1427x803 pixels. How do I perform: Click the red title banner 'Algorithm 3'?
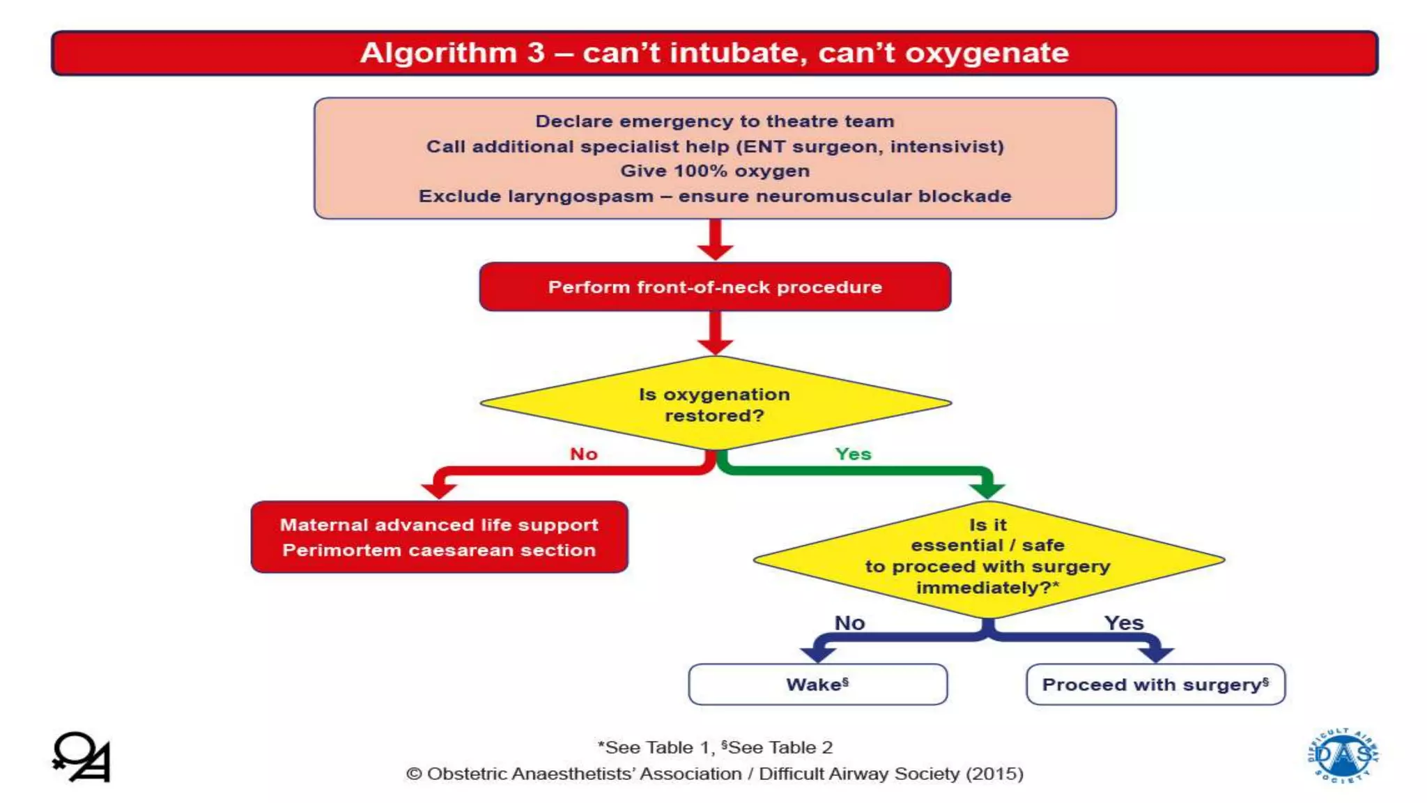coord(714,53)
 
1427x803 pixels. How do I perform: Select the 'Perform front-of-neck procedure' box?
coord(715,287)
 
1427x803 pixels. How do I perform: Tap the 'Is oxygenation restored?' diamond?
coord(715,404)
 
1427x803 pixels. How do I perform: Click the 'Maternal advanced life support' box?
coord(439,537)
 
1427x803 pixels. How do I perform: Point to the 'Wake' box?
coord(817,685)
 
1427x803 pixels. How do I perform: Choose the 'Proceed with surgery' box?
coord(1155,685)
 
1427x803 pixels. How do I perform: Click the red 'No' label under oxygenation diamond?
coord(584,454)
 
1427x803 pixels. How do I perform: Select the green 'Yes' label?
coord(853,454)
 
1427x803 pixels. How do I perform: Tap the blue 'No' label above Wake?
coord(849,623)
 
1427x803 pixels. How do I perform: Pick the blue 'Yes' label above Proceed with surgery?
coord(1124,623)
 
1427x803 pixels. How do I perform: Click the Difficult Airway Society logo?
coord(1343,756)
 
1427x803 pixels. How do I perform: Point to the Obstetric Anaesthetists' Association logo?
coord(82,757)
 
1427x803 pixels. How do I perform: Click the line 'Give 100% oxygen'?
coord(715,171)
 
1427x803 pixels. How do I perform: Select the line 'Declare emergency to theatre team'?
coord(715,121)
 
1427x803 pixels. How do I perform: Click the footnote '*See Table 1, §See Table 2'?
coord(715,748)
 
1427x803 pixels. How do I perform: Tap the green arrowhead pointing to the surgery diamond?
coord(987,489)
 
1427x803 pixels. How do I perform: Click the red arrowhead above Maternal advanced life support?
coord(439,491)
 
